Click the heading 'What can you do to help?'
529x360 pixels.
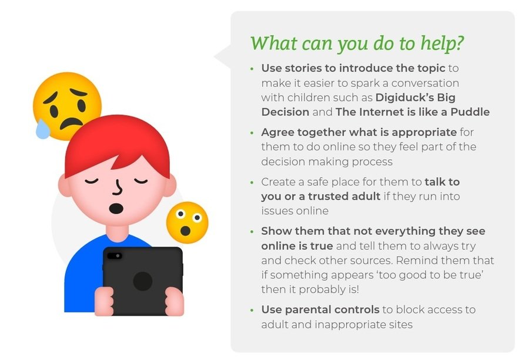tap(357, 44)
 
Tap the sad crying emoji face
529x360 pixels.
tap(67, 106)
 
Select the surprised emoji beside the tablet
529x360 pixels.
tap(188, 223)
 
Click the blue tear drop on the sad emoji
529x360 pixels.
tap(42, 129)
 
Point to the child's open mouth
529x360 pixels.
tap(116, 208)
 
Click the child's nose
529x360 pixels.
tap(118, 188)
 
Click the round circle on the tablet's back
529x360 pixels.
tap(143, 281)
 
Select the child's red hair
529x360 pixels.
tap(117, 145)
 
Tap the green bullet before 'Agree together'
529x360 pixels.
tap(252, 133)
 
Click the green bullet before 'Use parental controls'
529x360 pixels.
tap(252, 310)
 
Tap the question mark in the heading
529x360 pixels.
tap(460, 43)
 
